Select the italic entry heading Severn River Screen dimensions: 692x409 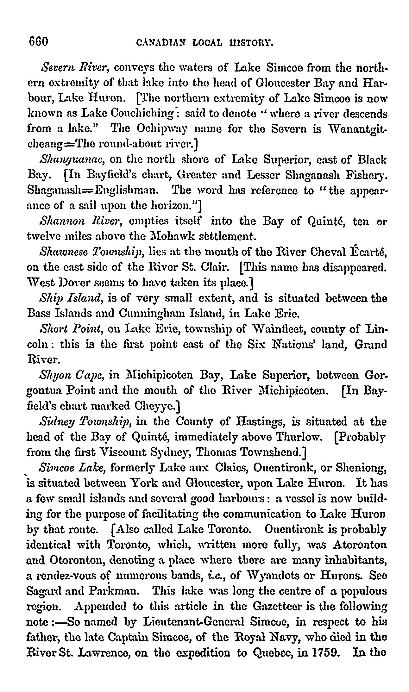pos(75,68)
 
